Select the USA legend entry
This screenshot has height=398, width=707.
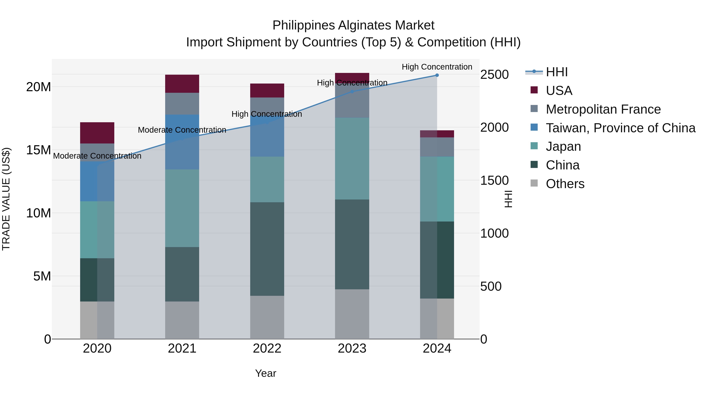point(559,91)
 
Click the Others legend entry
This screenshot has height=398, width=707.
point(565,184)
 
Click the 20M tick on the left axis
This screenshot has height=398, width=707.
point(38,87)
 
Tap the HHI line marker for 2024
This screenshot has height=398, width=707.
point(437,75)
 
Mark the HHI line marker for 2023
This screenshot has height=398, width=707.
point(352,91)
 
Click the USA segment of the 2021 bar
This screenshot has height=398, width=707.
point(182,84)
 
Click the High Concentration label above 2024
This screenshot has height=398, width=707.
point(437,67)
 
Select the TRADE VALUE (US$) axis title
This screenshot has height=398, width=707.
point(6,199)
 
